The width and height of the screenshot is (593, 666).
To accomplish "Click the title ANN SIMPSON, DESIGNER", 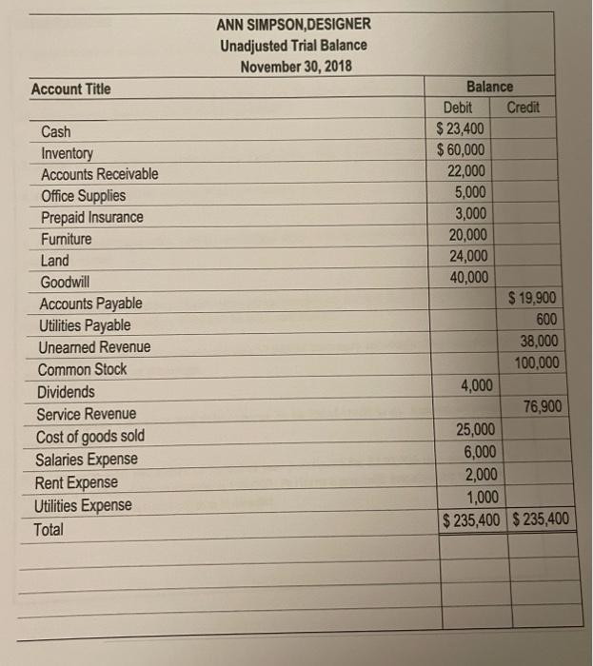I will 293,25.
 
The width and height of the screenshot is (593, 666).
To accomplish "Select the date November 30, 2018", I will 293,67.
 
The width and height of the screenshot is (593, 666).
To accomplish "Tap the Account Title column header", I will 70,89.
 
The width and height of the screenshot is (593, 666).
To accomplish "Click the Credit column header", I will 524,108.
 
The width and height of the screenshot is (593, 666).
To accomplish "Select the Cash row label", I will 56,132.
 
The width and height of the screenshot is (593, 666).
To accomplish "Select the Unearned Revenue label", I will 93,347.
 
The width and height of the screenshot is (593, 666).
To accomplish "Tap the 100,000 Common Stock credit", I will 537,363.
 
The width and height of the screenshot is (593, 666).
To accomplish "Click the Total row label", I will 50,529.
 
